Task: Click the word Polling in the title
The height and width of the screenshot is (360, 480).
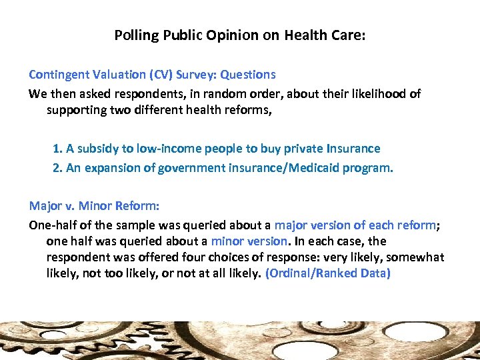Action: [x=133, y=35]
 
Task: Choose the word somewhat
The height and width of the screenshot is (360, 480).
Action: [x=413, y=257]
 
